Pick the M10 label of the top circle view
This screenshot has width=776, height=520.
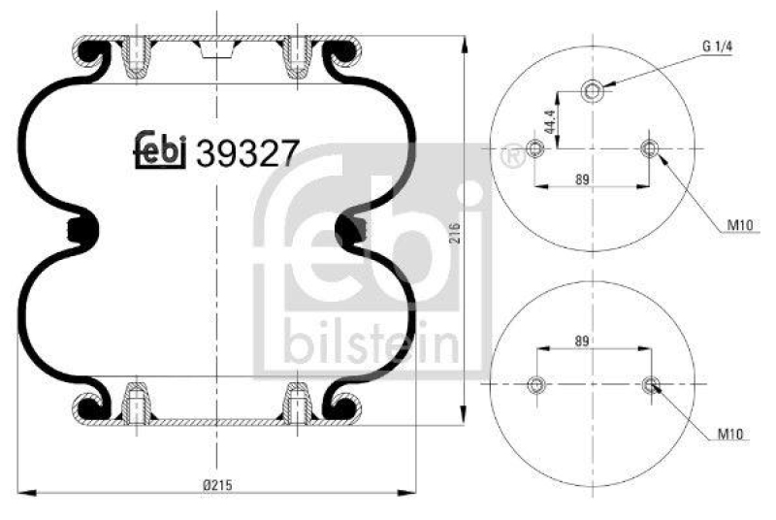coord(740,226)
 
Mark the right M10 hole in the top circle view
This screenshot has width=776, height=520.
coord(649,148)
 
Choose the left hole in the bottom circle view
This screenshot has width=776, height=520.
coord(534,386)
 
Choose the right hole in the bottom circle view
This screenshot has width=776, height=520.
coord(650,386)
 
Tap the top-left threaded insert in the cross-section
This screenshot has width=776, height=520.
coord(137,58)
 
